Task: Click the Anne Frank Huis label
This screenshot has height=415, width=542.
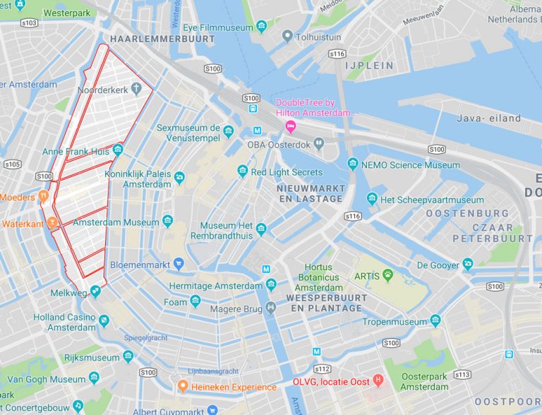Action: pyautogui.click(x=76, y=152)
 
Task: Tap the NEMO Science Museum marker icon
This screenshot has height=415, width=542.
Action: pyautogui.click(x=353, y=164)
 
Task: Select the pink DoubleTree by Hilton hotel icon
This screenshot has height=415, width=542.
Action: pyautogui.click(x=290, y=126)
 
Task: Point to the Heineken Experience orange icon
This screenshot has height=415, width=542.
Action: pyautogui.click(x=182, y=386)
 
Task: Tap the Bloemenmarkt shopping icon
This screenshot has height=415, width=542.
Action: pyautogui.click(x=179, y=265)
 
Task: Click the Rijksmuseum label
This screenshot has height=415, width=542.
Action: pyautogui.click(x=92, y=358)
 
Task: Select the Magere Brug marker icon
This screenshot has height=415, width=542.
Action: pyautogui.click(x=271, y=308)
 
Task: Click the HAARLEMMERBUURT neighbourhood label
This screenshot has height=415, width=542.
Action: pyautogui.click(x=162, y=39)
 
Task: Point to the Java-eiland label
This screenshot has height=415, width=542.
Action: pyautogui.click(x=489, y=118)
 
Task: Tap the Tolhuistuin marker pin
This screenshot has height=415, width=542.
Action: pyautogui.click(x=287, y=36)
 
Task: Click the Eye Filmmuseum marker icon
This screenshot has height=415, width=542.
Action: pyautogui.click(x=262, y=27)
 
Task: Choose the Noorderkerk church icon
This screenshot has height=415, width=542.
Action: pyautogui.click(x=136, y=89)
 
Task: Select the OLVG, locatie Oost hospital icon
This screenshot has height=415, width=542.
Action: pyautogui.click(x=378, y=381)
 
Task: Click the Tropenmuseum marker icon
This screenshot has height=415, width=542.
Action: pyautogui.click(x=435, y=321)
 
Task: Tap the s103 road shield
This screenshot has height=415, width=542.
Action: pyautogui.click(x=29, y=23)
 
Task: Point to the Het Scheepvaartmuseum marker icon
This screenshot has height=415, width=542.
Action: pyautogui.click(x=372, y=199)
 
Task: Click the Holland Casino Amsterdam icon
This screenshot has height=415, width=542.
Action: pyautogui.click(x=104, y=321)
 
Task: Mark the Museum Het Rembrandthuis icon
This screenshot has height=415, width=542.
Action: pyautogui.click(x=261, y=229)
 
